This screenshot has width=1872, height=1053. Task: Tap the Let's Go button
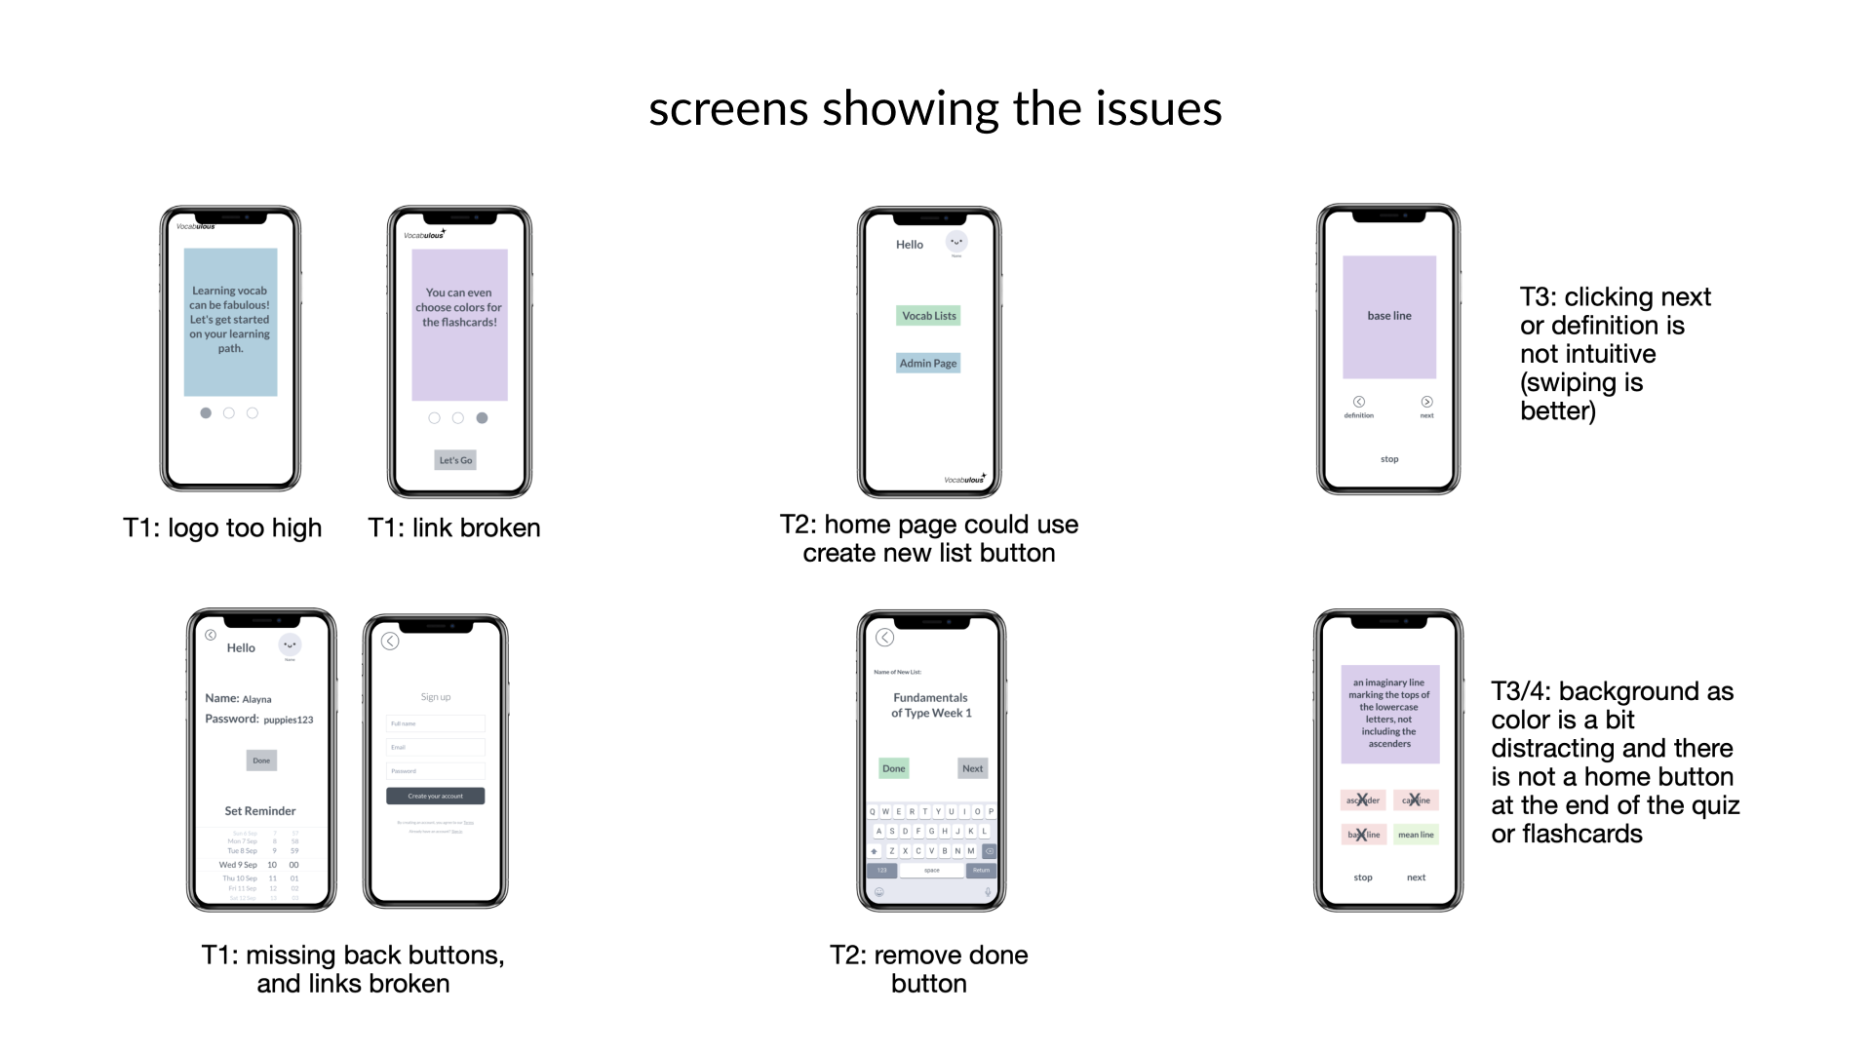coord(455,460)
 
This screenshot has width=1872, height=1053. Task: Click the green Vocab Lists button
coord(928,316)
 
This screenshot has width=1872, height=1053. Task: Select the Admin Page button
coord(928,364)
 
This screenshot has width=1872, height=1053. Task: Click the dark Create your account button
coord(435,797)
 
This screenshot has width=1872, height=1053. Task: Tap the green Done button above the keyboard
coord(893,768)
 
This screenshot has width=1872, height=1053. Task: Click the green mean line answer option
coord(1416,835)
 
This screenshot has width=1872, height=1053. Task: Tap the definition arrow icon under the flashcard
coord(1358,402)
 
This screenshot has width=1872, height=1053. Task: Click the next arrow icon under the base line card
coord(1426,402)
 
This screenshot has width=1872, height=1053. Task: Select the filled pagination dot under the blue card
coord(206,413)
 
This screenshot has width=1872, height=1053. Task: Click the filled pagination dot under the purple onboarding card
coord(482,418)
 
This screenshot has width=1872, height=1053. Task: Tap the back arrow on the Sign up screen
coord(390,642)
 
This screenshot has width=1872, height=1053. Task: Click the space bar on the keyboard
coord(932,871)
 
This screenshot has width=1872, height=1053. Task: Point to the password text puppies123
coord(289,721)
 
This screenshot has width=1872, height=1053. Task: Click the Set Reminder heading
coord(260,811)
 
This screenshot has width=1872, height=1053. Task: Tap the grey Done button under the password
coord(261,760)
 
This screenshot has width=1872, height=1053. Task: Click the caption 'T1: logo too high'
coord(222,528)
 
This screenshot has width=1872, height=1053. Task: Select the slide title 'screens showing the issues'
coord(935,108)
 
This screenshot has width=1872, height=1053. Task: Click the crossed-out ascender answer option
coord(1363,800)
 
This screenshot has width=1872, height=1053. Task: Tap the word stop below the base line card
coord(1389,459)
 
